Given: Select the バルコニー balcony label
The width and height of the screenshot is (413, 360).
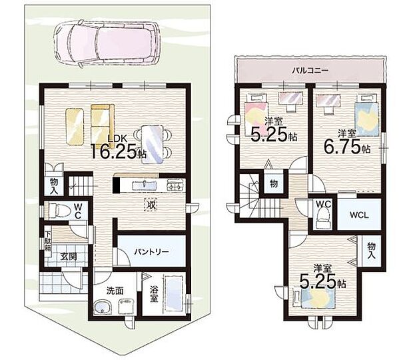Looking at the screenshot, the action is [x=310, y=71].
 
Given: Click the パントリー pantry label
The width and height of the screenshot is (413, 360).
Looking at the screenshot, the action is [x=151, y=252].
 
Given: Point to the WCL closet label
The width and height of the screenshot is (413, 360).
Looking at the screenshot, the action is [x=359, y=215].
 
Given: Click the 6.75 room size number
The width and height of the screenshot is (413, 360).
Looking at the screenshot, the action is [x=342, y=148].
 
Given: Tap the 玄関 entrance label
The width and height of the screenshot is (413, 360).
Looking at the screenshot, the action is [x=69, y=256].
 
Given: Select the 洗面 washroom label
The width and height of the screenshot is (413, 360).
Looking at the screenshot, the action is [x=115, y=291].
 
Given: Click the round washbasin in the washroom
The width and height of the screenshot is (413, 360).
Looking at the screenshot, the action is [x=103, y=307].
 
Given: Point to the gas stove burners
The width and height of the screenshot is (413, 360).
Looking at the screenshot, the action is [x=175, y=185].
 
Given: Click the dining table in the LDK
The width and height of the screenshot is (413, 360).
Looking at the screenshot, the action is [x=153, y=145].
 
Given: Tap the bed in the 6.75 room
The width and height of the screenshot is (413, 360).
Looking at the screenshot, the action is [x=367, y=116].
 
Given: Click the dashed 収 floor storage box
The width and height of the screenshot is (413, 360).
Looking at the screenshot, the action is [x=151, y=205].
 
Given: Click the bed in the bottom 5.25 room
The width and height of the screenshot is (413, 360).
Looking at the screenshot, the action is [x=315, y=297].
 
